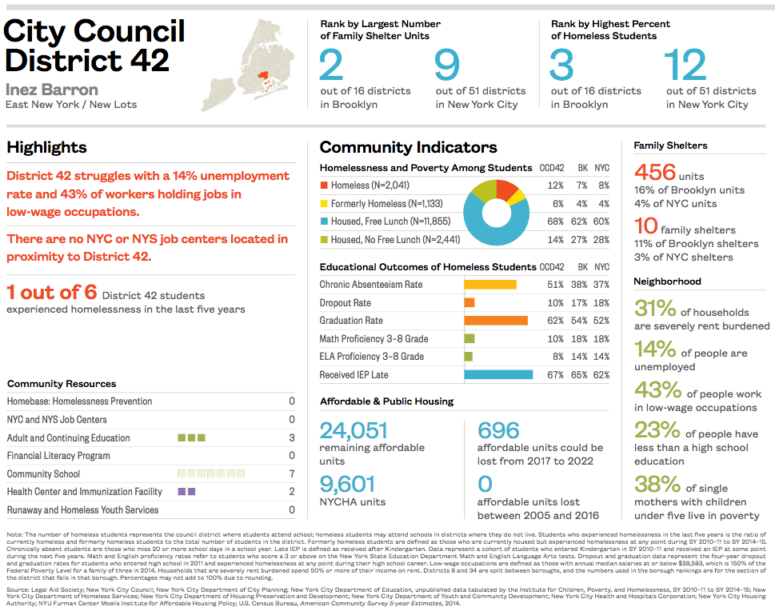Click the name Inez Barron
pos(52,90)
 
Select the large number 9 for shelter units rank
pos(448,66)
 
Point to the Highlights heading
pos(46,148)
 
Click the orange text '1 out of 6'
pos(51,293)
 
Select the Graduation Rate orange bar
pos(496,321)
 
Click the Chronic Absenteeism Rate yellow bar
pos(490,285)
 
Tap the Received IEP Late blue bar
pos(498,374)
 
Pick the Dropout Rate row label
pos(346,303)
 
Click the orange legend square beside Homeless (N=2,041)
pos(324,186)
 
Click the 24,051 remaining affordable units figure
pos(354,431)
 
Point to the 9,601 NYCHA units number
pos(347,485)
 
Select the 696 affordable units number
pos(498,431)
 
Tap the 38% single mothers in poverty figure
pos(657,485)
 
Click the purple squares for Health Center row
pos(186,492)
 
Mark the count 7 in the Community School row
pos(292,474)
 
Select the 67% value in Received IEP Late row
pos(555,375)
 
